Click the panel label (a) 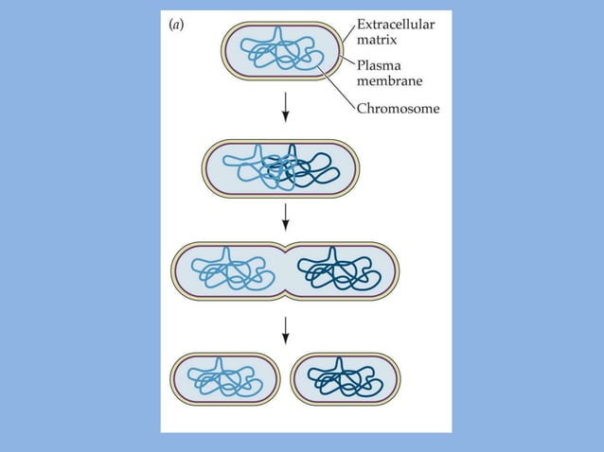point(176,26)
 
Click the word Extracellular point(396,26)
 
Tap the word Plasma point(379,65)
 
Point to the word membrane point(391,81)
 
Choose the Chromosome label point(398,109)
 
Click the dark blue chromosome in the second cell point(312,170)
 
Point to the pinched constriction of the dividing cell point(285,272)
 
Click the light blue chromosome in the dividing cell point(228,270)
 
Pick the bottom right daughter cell point(345,379)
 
